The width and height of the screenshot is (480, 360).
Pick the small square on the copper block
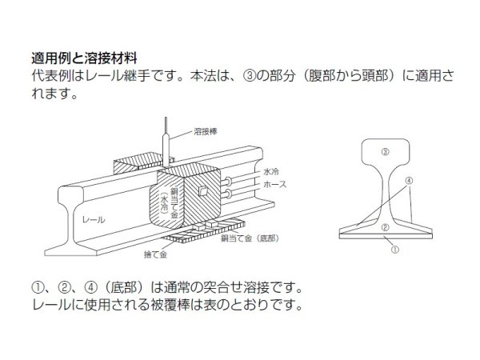point(204,193)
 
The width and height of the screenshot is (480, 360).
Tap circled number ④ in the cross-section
point(409,181)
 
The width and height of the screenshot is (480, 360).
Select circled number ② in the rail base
point(384,228)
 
